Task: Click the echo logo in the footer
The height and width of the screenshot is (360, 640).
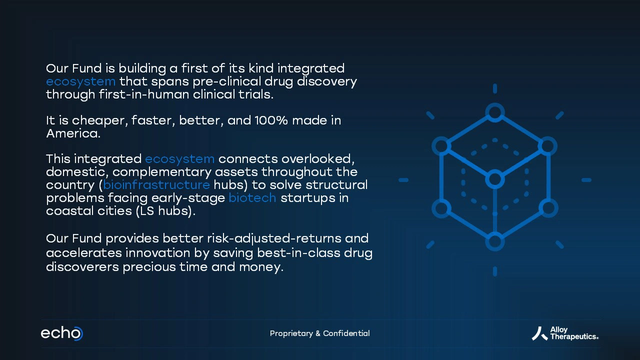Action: [61, 333]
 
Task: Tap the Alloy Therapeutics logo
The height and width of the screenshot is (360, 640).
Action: [565, 333]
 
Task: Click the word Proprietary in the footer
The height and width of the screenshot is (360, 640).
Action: [291, 333]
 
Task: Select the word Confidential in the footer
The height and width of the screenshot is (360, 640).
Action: [346, 333]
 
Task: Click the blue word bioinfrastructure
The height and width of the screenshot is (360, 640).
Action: [156, 185]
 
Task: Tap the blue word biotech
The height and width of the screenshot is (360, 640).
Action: [252, 197]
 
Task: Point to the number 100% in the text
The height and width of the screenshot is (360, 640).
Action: [271, 120]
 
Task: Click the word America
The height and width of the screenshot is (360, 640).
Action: [73, 133]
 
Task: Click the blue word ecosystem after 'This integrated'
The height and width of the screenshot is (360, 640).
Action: [179, 159]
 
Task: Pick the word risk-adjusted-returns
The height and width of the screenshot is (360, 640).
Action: [274, 239]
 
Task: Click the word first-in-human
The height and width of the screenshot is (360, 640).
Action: [143, 94]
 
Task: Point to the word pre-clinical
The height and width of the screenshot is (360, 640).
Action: [226, 82]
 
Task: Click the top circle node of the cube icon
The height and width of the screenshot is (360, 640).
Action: [495, 112]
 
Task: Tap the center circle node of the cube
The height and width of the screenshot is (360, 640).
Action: [495, 179]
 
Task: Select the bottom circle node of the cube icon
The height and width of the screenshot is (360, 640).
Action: [495, 241]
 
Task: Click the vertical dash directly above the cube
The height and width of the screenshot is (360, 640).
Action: [495, 88]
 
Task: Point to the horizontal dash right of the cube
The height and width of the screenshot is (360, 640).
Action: [586, 180]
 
